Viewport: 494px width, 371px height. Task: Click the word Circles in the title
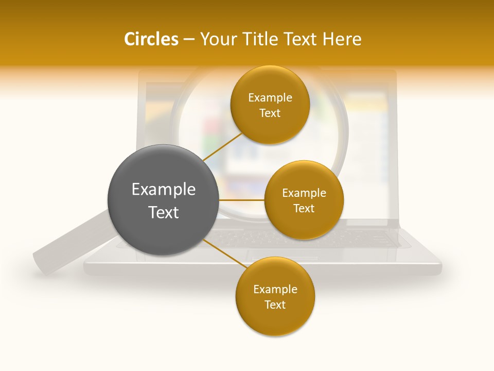coord(151,39)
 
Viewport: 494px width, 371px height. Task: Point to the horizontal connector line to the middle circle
coord(241,200)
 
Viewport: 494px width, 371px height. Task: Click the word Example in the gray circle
coord(164,190)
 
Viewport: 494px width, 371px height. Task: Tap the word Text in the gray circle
coord(164,212)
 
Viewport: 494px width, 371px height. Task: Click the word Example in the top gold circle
coord(270,98)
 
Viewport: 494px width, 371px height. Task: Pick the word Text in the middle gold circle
coord(304,208)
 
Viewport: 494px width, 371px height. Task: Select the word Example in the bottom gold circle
coord(275,289)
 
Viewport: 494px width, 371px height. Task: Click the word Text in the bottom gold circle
coord(275,305)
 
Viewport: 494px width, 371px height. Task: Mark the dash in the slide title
coord(188,40)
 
